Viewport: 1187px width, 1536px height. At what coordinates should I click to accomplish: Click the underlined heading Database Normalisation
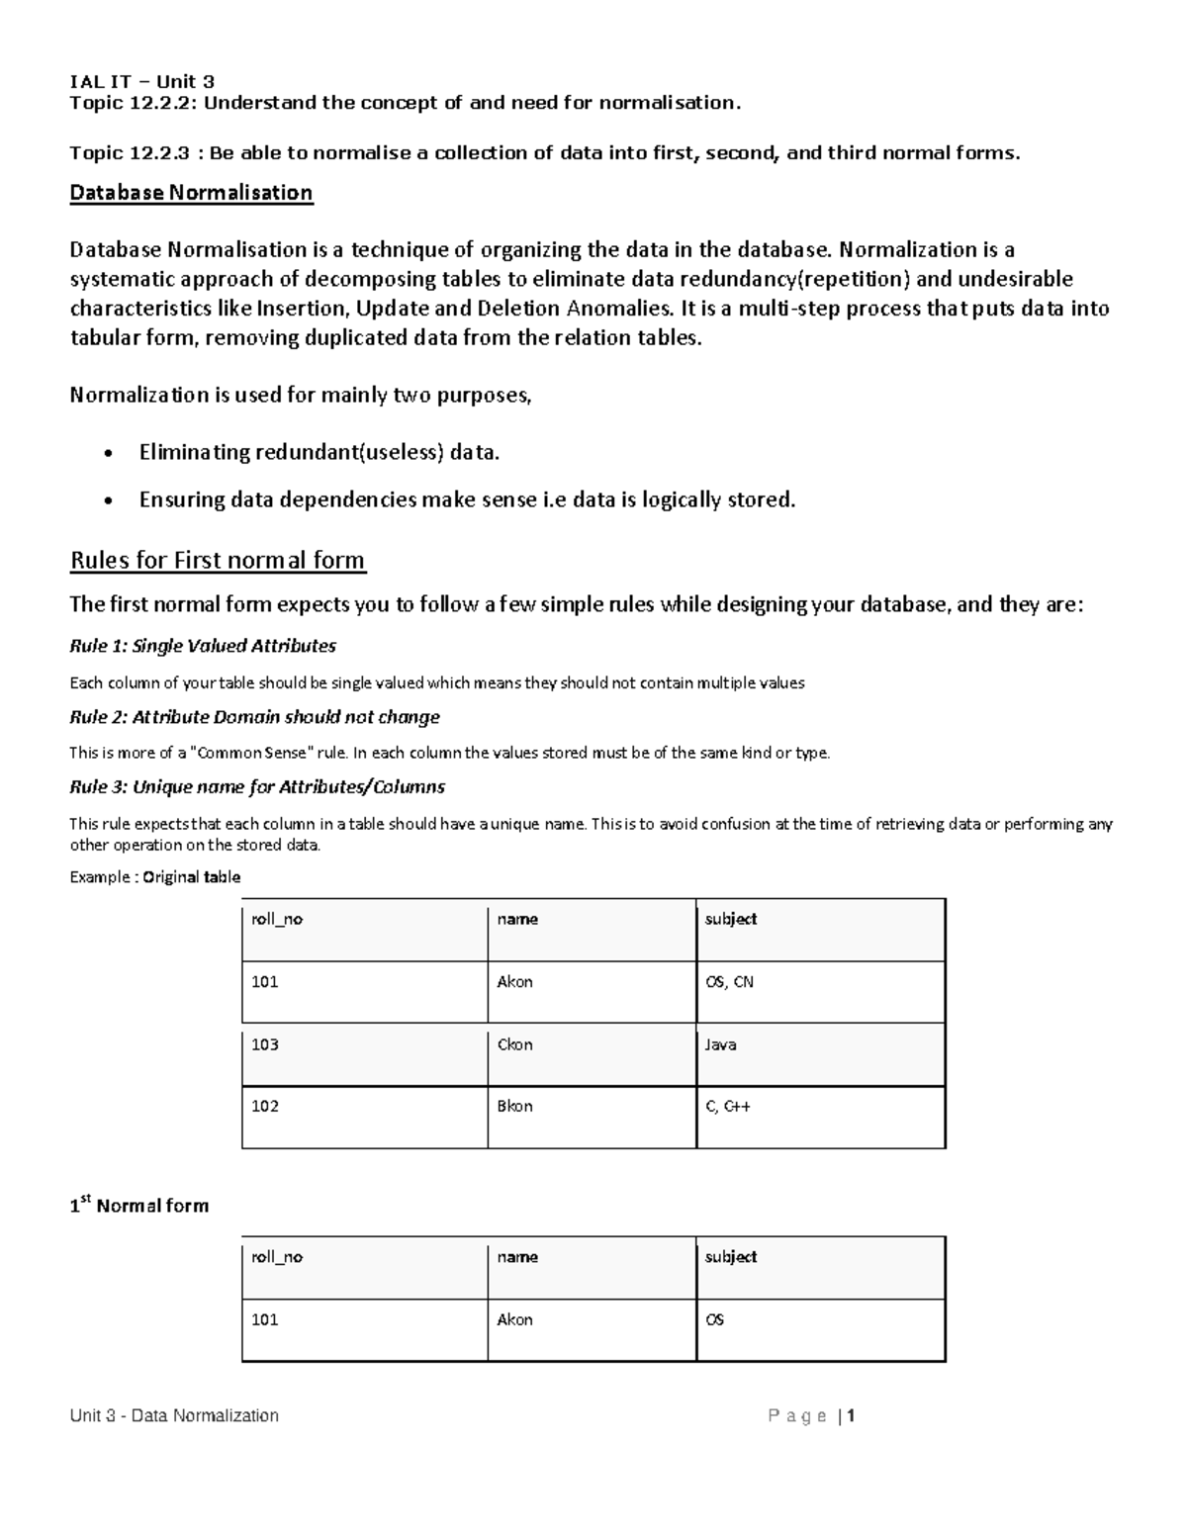click(x=191, y=193)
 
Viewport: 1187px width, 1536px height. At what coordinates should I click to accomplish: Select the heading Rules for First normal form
click(x=218, y=561)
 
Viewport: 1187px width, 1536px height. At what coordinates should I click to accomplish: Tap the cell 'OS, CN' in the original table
click(x=729, y=982)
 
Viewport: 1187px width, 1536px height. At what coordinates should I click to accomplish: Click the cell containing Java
click(x=720, y=1044)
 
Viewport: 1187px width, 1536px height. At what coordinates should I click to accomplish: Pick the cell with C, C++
click(x=728, y=1107)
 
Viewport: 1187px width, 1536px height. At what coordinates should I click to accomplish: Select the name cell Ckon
click(x=514, y=1044)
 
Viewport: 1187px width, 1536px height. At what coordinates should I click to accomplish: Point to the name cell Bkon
click(x=514, y=1107)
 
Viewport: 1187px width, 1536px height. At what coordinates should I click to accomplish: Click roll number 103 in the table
click(x=265, y=1044)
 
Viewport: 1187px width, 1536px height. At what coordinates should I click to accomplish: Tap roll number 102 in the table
click(x=265, y=1107)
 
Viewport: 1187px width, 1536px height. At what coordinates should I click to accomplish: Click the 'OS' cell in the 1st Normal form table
click(x=714, y=1320)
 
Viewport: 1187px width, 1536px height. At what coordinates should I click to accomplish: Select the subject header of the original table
click(x=731, y=920)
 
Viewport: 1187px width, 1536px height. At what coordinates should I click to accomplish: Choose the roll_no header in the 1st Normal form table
click(x=277, y=1257)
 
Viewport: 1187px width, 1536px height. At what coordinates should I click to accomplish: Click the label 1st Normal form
click(x=139, y=1206)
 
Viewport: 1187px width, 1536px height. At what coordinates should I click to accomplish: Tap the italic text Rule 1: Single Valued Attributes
click(x=203, y=647)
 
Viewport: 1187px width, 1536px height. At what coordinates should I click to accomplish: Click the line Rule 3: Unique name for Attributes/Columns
click(x=257, y=788)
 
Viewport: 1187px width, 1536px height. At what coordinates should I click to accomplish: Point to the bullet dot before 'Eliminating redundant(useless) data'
click(x=108, y=455)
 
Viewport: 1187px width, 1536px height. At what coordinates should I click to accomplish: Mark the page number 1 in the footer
click(x=851, y=1416)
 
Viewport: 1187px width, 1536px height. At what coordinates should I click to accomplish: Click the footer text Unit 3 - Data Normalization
click(x=174, y=1416)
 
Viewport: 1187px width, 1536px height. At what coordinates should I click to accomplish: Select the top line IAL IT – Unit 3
click(x=141, y=82)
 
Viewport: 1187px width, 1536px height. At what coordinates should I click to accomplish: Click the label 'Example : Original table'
click(x=155, y=877)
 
